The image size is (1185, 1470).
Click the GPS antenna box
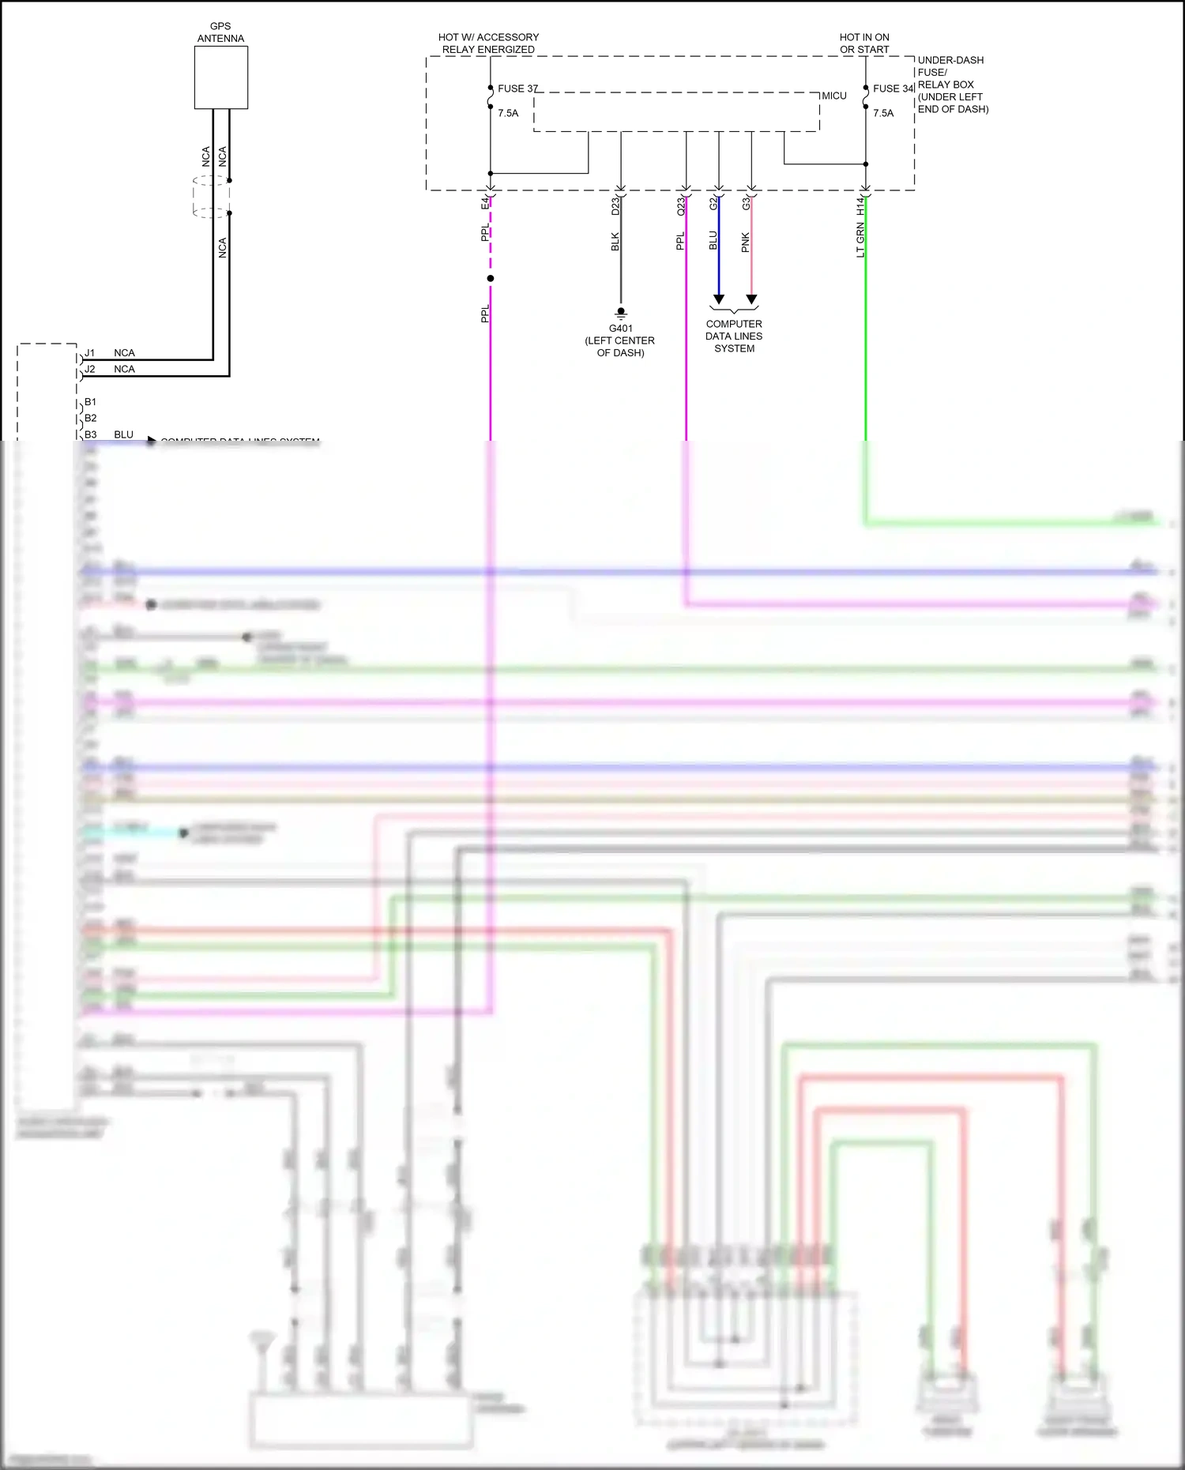click(220, 77)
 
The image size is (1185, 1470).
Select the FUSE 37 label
click(517, 88)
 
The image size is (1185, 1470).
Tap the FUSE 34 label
click(893, 88)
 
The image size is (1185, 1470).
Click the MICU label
click(833, 96)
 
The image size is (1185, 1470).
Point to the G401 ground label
click(620, 329)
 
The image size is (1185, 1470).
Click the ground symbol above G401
click(621, 313)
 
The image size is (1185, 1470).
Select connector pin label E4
click(485, 204)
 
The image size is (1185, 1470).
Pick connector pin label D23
click(615, 206)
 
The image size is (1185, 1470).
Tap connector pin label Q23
click(681, 206)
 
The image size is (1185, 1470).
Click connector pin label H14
click(860, 206)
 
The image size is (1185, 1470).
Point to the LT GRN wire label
click(860, 240)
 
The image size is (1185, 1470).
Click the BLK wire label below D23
click(615, 242)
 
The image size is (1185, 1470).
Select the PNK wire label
click(745, 242)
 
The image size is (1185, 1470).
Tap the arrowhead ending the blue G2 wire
click(718, 299)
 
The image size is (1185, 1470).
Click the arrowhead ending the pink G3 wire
click(751, 299)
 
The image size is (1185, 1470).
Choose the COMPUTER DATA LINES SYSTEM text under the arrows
click(734, 336)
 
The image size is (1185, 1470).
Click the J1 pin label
click(90, 353)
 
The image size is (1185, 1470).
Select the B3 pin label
click(91, 434)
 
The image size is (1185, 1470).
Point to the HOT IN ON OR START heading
click(864, 43)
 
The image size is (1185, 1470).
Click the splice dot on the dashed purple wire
click(491, 279)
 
